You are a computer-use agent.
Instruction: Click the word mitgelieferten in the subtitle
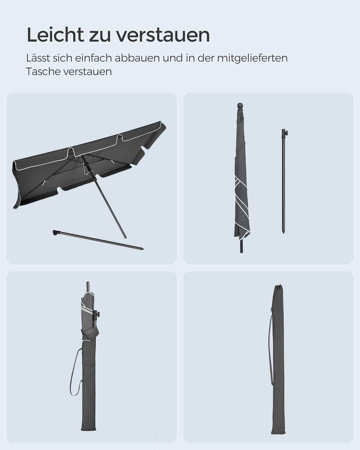coord(252,59)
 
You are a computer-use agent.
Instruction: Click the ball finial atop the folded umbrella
coord(240,106)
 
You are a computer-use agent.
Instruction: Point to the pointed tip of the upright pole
coord(283,232)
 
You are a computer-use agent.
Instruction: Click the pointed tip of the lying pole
coord(143,249)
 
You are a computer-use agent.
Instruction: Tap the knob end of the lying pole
coord(55,233)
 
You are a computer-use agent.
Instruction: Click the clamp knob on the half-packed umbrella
coord(97,314)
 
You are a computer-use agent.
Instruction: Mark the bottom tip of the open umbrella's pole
coord(125,237)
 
